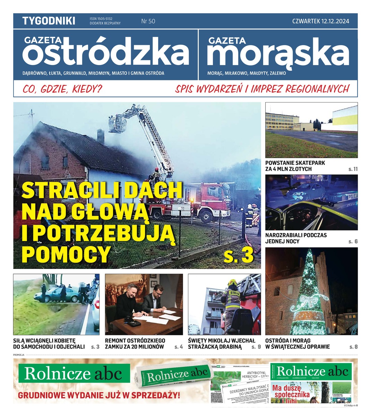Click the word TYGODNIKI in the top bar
(x=49, y=21)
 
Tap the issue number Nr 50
(x=148, y=21)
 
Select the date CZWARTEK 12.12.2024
(x=320, y=21)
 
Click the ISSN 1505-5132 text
(x=101, y=19)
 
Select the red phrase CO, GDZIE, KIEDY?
(x=62, y=89)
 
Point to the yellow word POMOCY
(x=66, y=254)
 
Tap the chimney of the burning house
(x=100, y=136)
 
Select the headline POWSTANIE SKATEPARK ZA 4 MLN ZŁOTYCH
(x=295, y=166)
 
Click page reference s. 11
(x=353, y=169)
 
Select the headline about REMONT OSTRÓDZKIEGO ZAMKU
(x=135, y=343)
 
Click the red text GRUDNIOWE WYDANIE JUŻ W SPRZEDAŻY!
(x=99, y=395)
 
